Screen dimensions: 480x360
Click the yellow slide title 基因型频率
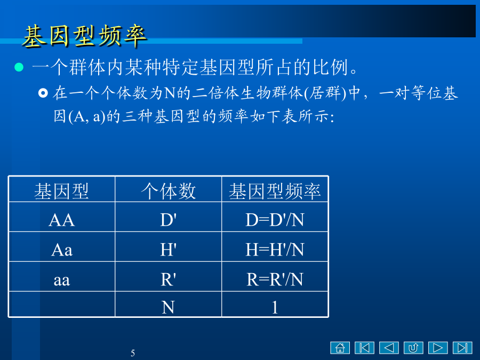85,36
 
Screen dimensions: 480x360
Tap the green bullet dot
19,67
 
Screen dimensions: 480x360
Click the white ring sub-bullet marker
43,93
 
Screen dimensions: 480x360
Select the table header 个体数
168,191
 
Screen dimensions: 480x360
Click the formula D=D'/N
275,220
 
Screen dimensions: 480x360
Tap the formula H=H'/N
275,250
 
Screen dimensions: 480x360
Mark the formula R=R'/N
275,279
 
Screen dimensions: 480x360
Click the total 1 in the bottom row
275,307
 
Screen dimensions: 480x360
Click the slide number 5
133,353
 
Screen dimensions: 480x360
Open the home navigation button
340,348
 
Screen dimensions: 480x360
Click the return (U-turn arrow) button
413,348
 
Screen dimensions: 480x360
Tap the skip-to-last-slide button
462,348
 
